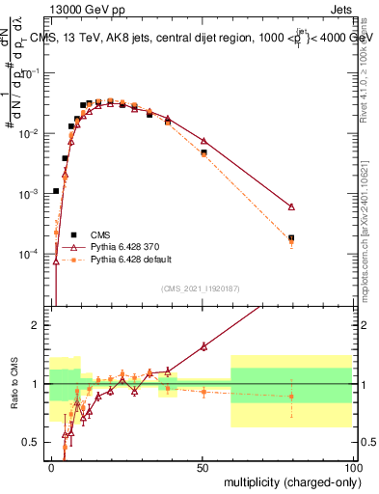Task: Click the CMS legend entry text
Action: point(101,234)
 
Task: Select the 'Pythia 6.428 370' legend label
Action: point(124,247)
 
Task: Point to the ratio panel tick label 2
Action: point(37,325)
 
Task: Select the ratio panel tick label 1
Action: point(37,384)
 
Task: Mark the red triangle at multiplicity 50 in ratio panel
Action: point(203,346)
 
